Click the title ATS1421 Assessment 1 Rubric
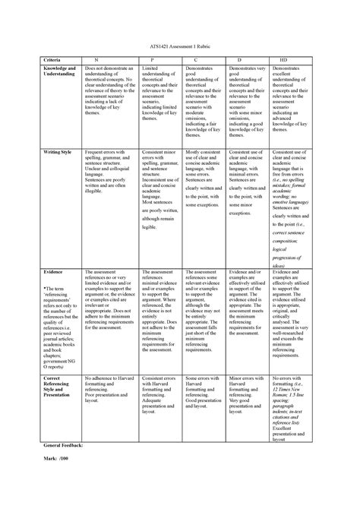tap(180, 47)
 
